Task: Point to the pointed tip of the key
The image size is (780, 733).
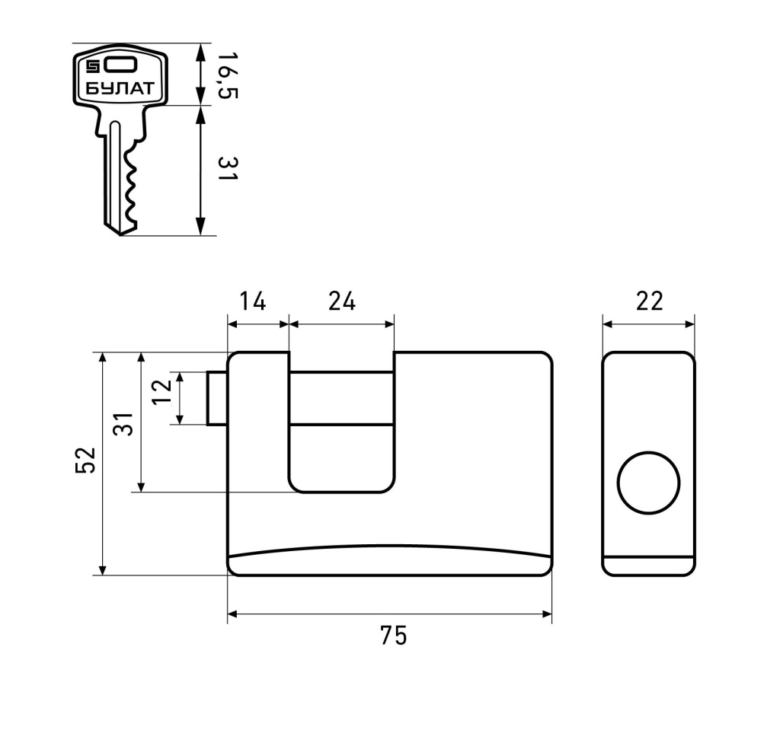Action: click(x=120, y=231)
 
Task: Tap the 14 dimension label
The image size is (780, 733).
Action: click(x=252, y=301)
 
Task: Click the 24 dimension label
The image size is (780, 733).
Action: click(x=342, y=301)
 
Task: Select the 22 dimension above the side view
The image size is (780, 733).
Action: click(x=649, y=301)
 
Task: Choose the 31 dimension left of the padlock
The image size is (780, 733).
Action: click(x=126, y=423)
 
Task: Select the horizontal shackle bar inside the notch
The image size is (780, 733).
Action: click(x=341, y=397)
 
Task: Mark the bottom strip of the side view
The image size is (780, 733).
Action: click(x=648, y=567)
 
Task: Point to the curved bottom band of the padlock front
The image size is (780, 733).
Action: click(x=390, y=561)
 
